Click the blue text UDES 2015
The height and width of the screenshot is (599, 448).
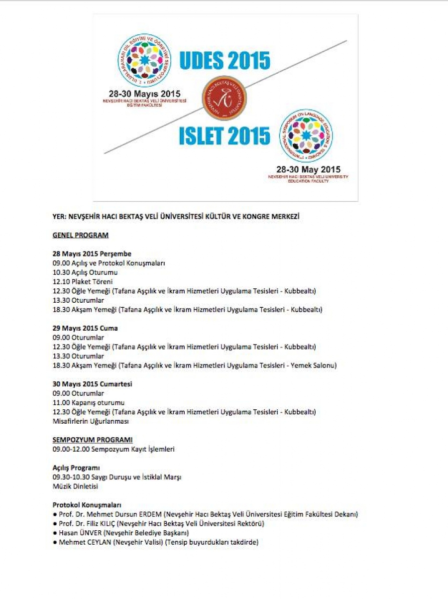(x=224, y=61)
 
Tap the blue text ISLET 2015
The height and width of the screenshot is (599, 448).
(x=224, y=136)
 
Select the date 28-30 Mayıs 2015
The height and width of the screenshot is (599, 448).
(x=145, y=93)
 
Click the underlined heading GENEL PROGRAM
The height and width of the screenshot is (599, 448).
(x=81, y=235)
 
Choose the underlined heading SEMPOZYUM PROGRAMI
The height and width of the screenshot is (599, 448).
(x=93, y=440)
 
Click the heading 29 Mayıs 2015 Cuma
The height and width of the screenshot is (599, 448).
(x=85, y=328)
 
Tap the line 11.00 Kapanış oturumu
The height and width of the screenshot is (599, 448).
(x=89, y=402)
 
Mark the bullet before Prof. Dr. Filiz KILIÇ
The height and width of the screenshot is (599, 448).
(x=54, y=524)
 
